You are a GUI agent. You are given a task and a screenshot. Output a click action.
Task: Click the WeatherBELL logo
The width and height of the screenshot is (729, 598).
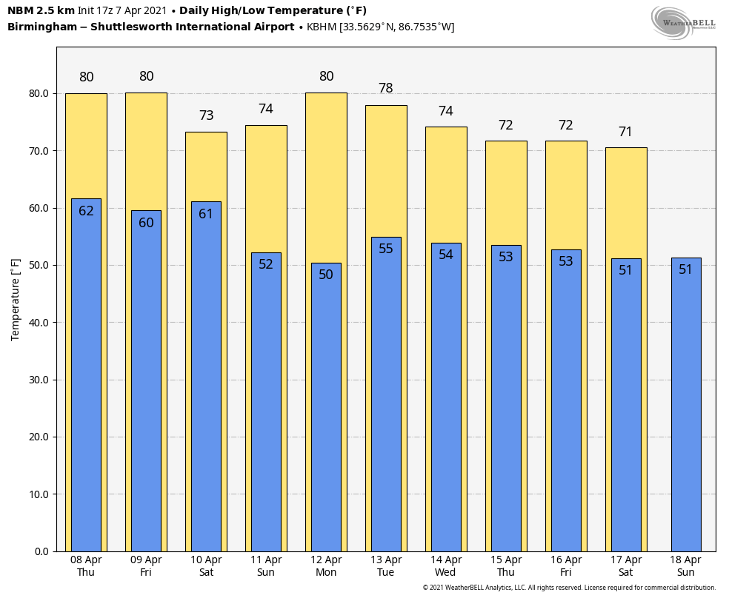pyautogui.click(x=683, y=21)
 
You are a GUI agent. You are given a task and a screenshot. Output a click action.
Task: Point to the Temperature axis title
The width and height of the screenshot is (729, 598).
pyautogui.click(x=16, y=299)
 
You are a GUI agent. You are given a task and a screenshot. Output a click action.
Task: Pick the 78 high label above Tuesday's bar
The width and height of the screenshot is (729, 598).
pyautogui.click(x=386, y=88)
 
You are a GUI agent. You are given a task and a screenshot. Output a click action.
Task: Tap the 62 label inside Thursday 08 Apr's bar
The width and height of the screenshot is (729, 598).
pyautogui.click(x=86, y=211)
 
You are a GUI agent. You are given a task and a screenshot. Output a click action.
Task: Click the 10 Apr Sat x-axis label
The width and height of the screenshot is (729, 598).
pyautogui.click(x=206, y=566)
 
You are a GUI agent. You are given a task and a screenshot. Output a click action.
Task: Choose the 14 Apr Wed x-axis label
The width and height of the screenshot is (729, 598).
pyautogui.click(x=446, y=566)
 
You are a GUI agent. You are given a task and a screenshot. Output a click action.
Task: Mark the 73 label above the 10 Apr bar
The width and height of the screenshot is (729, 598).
pyautogui.click(x=206, y=115)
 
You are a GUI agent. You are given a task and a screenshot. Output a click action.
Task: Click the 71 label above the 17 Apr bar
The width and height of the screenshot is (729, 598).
pyautogui.click(x=626, y=132)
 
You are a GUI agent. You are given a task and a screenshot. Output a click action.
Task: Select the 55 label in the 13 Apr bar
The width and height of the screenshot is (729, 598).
pyautogui.click(x=386, y=249)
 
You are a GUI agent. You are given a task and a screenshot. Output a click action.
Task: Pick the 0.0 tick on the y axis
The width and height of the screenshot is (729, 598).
pyautogui.click(x=41, y=551)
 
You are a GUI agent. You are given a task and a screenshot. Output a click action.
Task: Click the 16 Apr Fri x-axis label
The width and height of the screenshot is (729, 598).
pyautogui.click(x=566, y=566)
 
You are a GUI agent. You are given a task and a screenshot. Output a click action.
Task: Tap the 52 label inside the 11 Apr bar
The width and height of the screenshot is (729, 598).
pyautogui.click(x=266, y=264)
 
